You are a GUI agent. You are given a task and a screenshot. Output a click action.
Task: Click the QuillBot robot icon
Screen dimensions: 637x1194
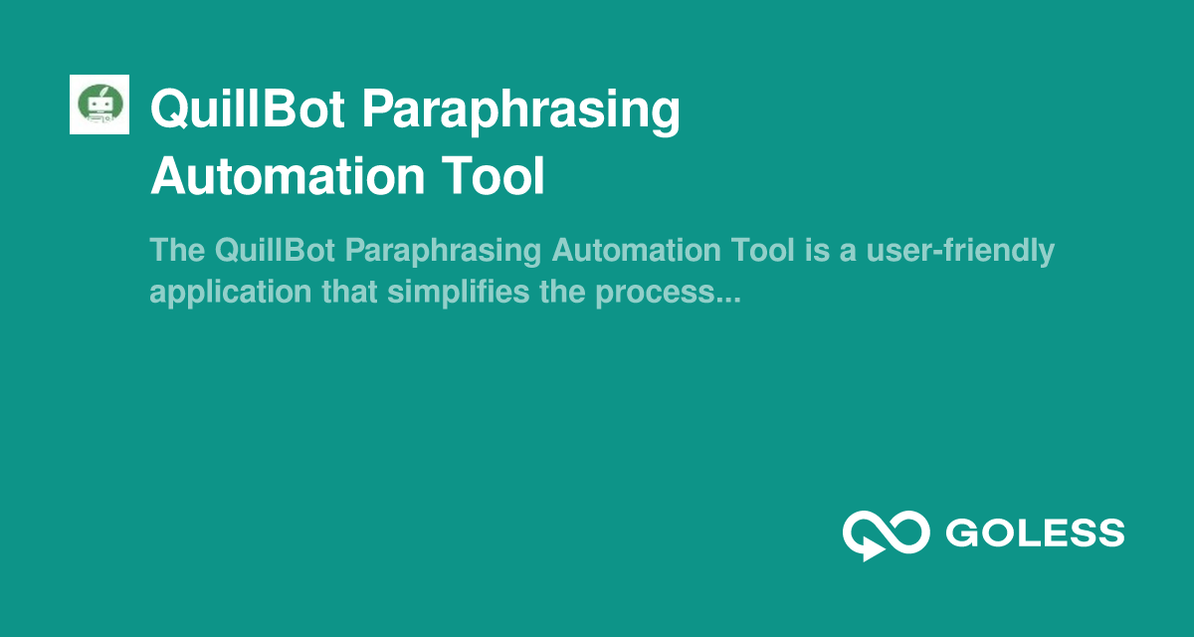coord(99,105)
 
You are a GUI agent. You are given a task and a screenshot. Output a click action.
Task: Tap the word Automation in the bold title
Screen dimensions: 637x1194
coord(275,177)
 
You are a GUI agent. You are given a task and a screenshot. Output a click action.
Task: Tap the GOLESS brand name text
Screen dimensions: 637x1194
coord(1035,533)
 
